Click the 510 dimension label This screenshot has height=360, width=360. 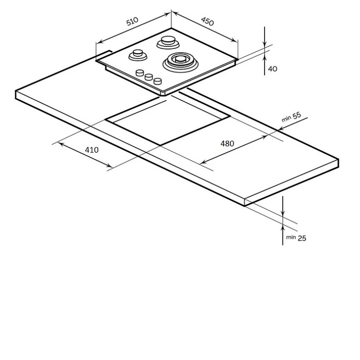point(132,21)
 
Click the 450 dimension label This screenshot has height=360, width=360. point(207,21)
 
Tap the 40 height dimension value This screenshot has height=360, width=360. point(273,69)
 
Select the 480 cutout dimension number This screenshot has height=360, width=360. point(227,144)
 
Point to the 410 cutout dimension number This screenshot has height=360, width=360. point(92,150)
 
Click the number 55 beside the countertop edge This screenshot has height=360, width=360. point(297,115)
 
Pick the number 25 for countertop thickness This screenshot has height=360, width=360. point(302,238)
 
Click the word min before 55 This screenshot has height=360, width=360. point(286,119)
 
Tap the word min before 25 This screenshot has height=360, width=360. point(291,237)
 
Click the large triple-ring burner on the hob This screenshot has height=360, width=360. point(180,62)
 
